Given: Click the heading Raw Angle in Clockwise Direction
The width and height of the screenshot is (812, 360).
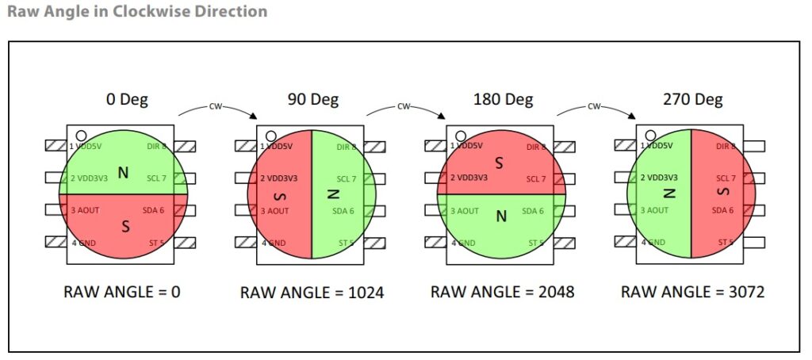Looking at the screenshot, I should pyautogui.click(x=136, y=12).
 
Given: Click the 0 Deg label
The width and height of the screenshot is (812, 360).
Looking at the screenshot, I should pyautogui.click(x=127, y=100).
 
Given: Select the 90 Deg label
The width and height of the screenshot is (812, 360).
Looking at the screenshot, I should pyautogui.click(x=312, y=100).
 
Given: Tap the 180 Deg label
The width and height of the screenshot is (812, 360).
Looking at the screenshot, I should pyautogui.click(x=503, y=100).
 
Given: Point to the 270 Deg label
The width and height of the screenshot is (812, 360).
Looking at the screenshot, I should pyautogui.click(x=692, y=100).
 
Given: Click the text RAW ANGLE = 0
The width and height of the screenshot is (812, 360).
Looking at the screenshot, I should pyautogui.click(x=122, y=291).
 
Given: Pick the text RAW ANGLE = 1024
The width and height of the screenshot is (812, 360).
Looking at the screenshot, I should pyautogui.click(x=312, y=293).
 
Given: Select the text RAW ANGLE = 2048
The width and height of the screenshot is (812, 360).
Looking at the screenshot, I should pyautogui.click(x=502, y=291).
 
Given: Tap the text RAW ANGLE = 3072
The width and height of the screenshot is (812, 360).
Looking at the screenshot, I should pyautogui.click(x=692, y=291).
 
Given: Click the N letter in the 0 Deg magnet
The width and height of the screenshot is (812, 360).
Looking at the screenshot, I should pyautogui.click(x=123, y=171).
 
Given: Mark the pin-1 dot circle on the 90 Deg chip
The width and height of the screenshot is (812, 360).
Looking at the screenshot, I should pyautogui.click(x=271, y=136).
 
